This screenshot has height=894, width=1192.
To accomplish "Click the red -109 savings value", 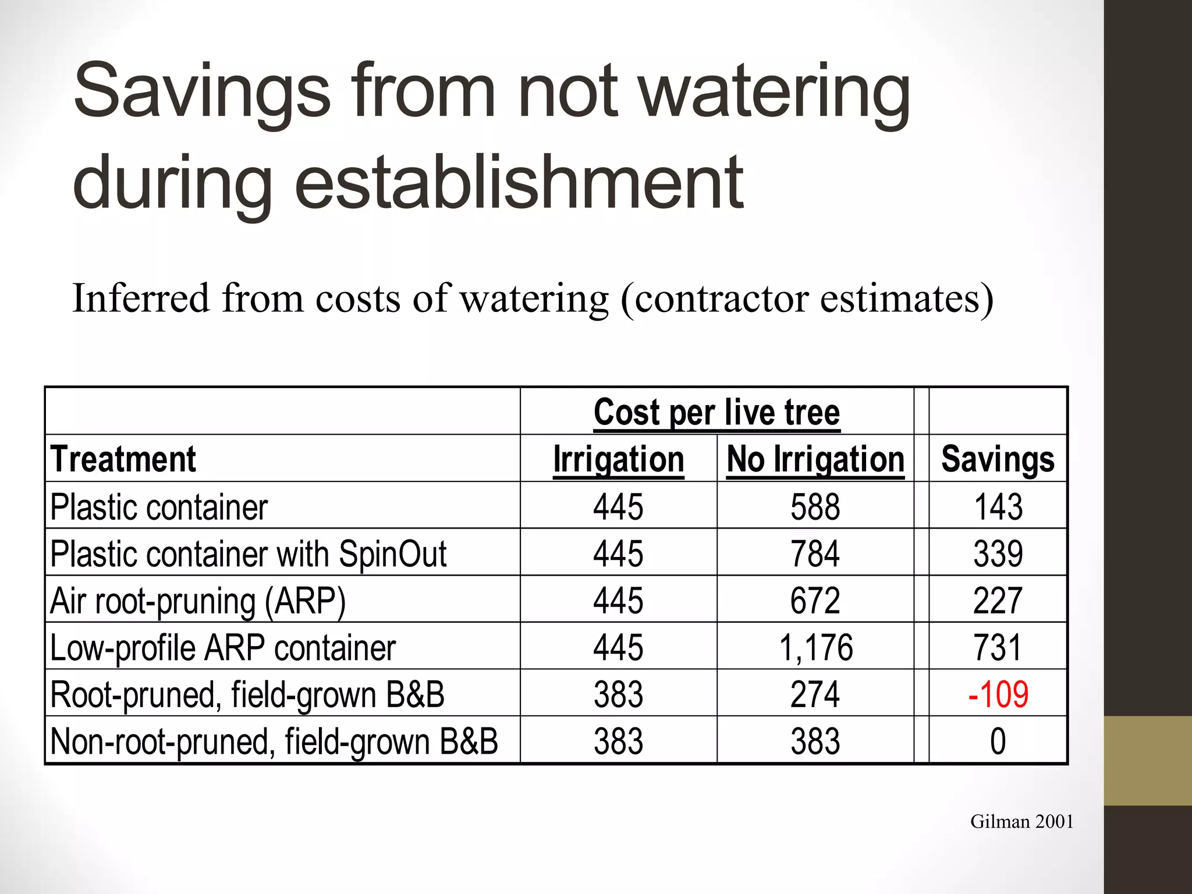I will (998, 694).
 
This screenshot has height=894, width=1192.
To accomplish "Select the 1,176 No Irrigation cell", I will (815, 647).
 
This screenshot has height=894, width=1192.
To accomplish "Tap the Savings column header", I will (998, 459).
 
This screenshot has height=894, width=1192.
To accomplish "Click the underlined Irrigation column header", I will (618, 459).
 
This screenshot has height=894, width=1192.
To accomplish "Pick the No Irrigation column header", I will (815, 459).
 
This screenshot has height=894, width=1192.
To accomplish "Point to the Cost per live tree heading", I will (716, 412).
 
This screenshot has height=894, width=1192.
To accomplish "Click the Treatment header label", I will (123, 459).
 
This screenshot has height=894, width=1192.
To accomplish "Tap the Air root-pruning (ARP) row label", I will (198, 601).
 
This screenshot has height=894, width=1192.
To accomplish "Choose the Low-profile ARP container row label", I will (223, 647).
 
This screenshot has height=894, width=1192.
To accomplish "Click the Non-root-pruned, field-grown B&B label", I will (274, 741).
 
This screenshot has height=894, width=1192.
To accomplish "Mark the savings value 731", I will (998, 647).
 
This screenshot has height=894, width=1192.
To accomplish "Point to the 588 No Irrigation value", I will (815, 506).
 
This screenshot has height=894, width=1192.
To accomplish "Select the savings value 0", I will (998, 741).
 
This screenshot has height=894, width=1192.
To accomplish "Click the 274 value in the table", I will (815, 694).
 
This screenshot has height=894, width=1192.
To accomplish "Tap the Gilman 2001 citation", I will (1021, 821).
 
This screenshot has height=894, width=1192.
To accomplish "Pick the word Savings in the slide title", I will (202, 92).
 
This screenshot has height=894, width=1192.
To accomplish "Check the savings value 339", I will (998, 553).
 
